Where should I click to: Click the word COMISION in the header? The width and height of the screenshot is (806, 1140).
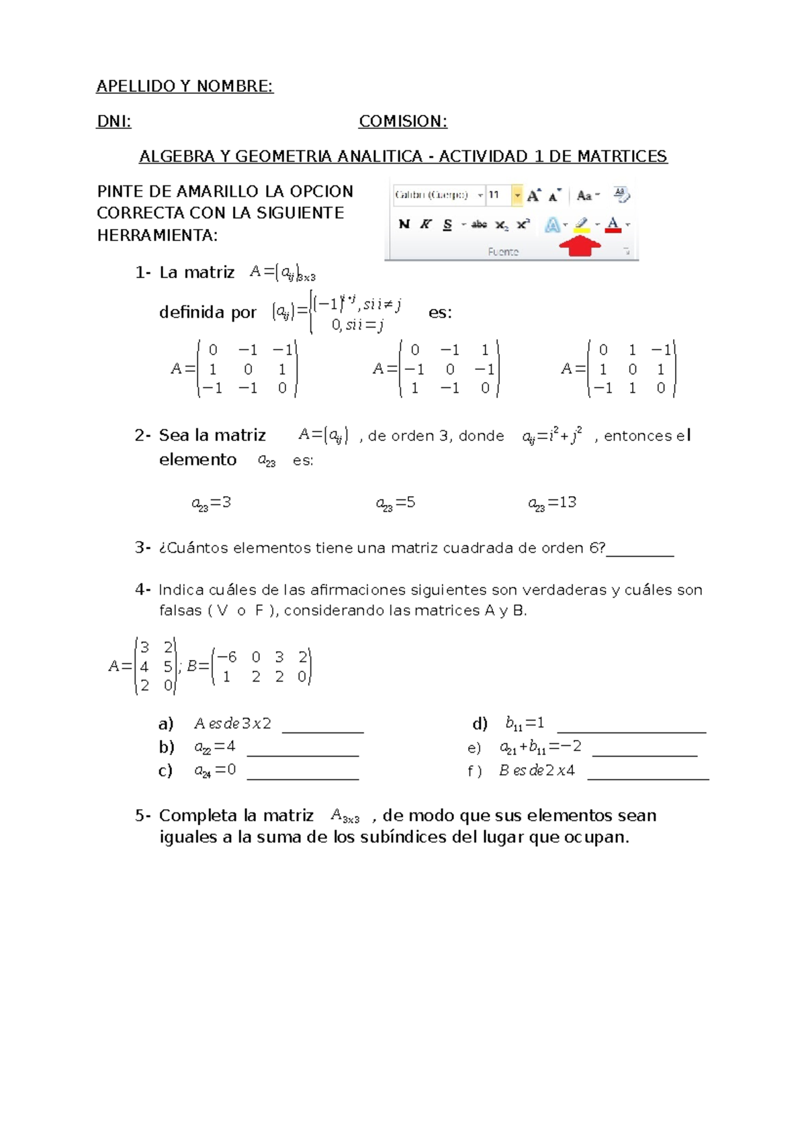(x=402, y=122)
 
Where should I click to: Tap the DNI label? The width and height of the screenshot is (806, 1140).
(x=114, y=122)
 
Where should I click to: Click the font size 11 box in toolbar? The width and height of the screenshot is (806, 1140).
(x=498, y=195)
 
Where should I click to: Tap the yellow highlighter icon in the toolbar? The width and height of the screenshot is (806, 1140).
(x=582, y=224)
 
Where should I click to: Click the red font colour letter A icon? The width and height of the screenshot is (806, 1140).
(x=613, y=224)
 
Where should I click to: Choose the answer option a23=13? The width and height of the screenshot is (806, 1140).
(x=552, y=503)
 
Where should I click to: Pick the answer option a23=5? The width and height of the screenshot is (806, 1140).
(x=396, y=503)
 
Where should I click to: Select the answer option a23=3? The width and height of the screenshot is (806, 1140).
(x=212, y=503)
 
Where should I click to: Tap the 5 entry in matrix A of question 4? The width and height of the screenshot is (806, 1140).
(x=168, y=667)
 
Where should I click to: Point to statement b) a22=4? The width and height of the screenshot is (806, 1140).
(x=215, y=747)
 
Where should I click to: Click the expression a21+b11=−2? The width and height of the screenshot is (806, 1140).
(x=541, y=747)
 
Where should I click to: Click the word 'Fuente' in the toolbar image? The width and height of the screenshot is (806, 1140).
(x=503, y=252)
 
